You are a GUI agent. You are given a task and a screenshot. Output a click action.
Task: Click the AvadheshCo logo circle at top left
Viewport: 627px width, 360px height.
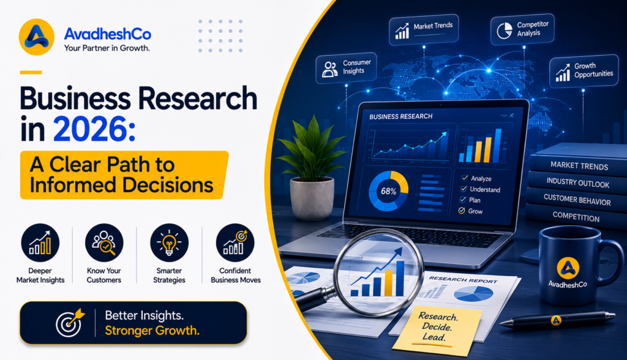[36, 37]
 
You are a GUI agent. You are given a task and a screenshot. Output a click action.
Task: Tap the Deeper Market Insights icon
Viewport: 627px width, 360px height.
[40, 243]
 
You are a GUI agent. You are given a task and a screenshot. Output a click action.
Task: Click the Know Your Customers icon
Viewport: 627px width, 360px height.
[104, 243]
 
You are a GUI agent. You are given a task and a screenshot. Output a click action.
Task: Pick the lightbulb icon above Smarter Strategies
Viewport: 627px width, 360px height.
[169, 243]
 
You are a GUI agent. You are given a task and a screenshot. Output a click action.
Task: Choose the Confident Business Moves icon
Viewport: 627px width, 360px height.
[235, 243]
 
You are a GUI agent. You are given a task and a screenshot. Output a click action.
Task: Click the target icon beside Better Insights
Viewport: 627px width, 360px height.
[70, 323]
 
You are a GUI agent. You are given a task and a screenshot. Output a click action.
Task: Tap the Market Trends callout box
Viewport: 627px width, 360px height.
[424, 29]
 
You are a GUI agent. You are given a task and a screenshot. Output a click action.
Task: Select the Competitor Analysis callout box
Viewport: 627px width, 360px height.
[522, 29]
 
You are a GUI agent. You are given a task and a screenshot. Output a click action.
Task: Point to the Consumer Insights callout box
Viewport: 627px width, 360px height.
[347, 67]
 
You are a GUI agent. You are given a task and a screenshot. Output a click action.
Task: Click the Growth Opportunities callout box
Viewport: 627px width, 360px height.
[584, 71]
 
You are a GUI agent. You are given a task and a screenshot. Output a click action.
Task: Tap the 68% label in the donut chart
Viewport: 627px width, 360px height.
[388, 191]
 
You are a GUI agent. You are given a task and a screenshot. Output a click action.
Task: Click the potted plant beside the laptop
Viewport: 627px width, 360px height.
[311, 168]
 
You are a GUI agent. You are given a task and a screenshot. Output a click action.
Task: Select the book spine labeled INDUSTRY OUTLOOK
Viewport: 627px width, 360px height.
[577, 183]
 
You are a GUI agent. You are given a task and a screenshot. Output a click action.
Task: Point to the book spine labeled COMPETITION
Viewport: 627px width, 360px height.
[576, 217]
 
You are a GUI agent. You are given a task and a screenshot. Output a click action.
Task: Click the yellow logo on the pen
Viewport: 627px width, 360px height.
[556, 320]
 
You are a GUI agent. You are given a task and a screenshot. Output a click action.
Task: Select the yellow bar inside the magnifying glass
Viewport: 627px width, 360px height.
[388, 283]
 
